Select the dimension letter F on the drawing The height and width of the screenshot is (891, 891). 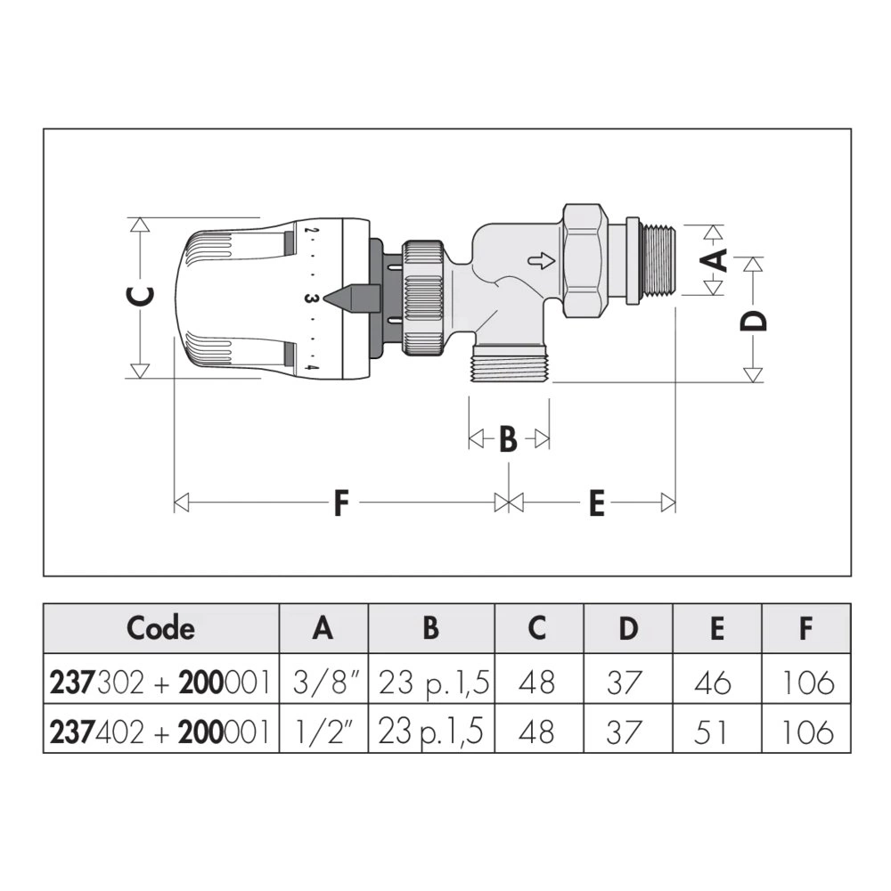click(x=340, y=503)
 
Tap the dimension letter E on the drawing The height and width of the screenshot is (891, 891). click(x=596, y=503)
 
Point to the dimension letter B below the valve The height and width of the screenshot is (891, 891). click(x=508, y=438)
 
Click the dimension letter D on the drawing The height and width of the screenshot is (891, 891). click(x=753, y=320)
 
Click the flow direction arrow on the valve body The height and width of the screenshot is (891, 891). click(x=541, y=261)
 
